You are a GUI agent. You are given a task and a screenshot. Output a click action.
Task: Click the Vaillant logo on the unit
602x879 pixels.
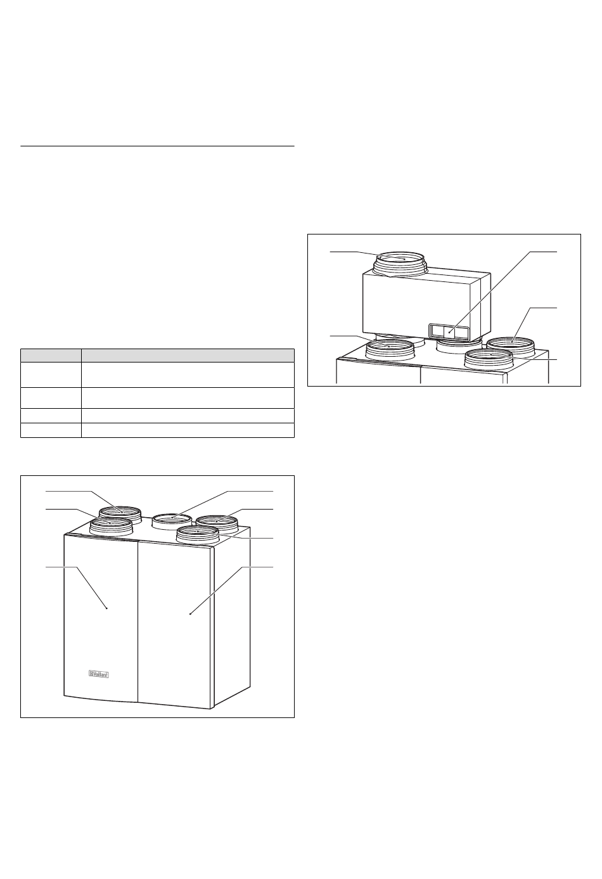pos(98,674)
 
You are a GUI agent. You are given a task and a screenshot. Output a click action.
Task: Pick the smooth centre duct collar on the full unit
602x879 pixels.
pos(172,522)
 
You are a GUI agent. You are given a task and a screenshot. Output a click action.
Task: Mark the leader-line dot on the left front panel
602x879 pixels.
pos(107,608)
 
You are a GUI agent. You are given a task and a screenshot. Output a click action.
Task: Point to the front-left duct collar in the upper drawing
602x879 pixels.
pos(389,350)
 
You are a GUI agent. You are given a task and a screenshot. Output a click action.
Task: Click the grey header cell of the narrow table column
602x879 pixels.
pos(51,355)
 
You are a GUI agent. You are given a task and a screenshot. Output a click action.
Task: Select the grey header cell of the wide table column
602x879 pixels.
pos(188,355)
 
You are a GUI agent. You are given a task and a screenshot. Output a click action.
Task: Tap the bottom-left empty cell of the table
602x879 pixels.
pos(51,430)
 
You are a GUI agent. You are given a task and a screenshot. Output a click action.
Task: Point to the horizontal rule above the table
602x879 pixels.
pos(157,146)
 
